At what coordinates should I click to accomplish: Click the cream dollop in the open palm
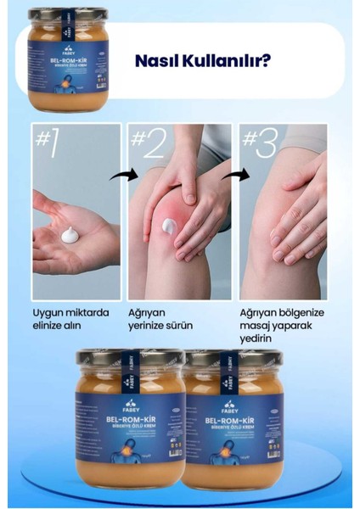(x=70, y=235)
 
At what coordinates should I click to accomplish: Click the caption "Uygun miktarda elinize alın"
(x=70, y=318)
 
